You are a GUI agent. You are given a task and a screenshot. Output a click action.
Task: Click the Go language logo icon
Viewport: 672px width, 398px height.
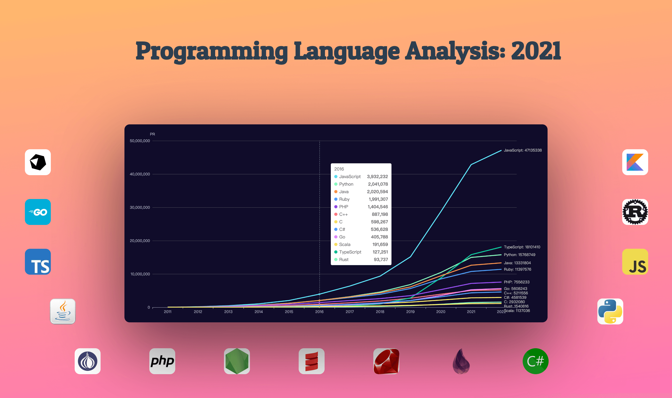coord(38,212)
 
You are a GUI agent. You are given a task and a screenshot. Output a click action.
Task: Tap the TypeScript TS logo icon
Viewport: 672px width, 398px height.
coord(38,262)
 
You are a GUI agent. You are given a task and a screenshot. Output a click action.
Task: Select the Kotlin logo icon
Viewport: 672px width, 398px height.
coord(635,162)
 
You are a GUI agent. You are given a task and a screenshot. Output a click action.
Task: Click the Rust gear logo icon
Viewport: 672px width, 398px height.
coord(635,212)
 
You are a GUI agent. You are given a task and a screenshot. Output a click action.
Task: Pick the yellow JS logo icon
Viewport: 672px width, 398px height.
coord(635,262)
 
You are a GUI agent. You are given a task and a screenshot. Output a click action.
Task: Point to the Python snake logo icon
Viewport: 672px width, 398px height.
coord(610,311)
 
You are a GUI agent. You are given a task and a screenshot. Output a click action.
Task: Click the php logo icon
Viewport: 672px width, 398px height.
coord(162,361)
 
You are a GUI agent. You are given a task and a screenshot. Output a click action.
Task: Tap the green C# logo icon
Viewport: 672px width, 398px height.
coord(535,361)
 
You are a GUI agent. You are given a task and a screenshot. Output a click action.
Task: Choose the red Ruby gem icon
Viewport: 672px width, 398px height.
coord(386,361)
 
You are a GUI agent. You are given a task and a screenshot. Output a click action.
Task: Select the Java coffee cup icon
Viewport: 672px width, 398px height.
coord(63,311)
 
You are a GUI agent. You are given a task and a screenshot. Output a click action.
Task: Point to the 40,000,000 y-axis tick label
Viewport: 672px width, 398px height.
coord(140,174)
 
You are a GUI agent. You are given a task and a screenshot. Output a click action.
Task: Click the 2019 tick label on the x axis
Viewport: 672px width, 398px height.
coord(410,312)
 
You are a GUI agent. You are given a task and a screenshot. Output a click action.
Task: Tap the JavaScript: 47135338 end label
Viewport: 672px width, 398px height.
coord(523,150)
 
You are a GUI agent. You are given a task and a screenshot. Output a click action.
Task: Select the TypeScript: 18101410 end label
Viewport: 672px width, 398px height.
coord(522,247)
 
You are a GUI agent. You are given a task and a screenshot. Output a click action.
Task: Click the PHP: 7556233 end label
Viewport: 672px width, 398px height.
coord(516,282)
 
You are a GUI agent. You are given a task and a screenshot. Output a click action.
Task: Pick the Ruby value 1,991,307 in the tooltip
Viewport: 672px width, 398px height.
coord(378,199)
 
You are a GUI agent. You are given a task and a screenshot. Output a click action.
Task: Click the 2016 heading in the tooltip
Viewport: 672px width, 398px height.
coord(339,169)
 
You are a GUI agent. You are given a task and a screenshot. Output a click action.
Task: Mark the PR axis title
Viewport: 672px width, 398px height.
coord(152,134)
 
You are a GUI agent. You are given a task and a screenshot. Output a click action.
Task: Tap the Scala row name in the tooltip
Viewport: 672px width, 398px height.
coord(345,244)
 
